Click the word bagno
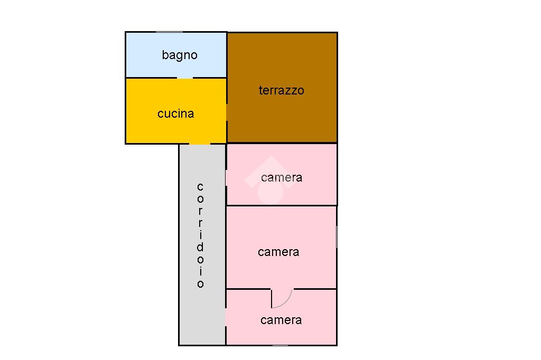[x=180, y=55]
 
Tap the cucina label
[x=175, y=113]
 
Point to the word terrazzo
[x=281, y=90]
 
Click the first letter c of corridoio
[x=200, y=187]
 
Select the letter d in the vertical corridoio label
[x=200, y=247]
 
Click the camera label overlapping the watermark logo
[x=282, y=177]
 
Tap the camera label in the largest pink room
[x=278, y=252]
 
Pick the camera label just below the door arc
[x=281, y=320]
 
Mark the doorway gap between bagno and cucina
[x=184, y=78]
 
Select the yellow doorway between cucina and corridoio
[x=200, y=143]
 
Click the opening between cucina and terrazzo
[x=227, y=112]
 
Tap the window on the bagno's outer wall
[x=169, y=32]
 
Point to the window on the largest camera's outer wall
[x=337, y=235]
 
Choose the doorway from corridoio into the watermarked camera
[x=226, y=177]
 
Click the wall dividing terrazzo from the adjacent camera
[x=282, y=143]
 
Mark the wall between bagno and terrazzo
[x=227, y=55]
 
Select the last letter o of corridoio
[x=200, y=284]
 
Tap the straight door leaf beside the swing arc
[x=272, y=298]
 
